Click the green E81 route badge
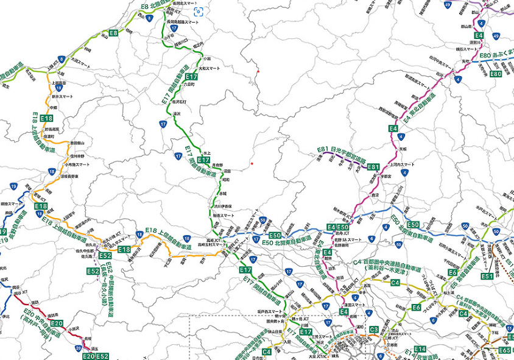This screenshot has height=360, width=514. pyautogui.click(x=373, y=166)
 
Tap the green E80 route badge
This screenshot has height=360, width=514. pyautogui.click(x=495, y=74)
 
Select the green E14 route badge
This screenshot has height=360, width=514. pyautogui.click(x=419, y=349)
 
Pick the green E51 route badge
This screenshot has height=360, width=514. pyautogui.click(x=487, y=276)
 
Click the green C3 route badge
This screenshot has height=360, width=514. pyautogui.click(x=374, y=330)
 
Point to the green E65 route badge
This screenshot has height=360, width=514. pyautogui.click(x=504, y=350)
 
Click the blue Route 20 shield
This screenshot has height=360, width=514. pyautogui.click(x=78, y=348)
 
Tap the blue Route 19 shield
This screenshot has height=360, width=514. pyautogui.click(x=13, y=186)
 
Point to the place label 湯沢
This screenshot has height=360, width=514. pyautogui.click(x=177, y=114)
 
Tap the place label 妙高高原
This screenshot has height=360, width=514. pyautogui.click(x=52, y=129)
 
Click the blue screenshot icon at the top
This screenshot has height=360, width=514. pyautogui.click(x=199, y=12)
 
